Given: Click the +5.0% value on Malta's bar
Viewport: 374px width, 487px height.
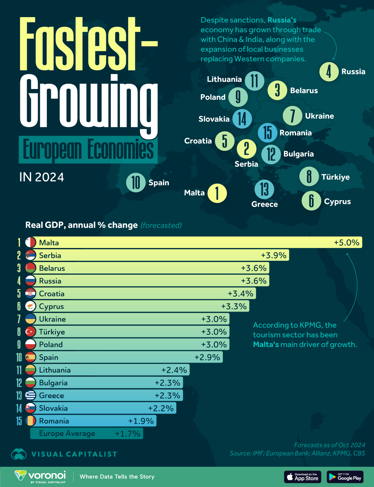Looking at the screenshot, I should pos(347,242).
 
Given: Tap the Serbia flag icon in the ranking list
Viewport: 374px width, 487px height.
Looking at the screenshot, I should pos(31,255).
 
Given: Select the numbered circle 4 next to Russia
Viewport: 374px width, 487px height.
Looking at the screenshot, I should pos(329,72).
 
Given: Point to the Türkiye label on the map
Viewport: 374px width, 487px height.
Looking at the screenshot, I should pos(335,177).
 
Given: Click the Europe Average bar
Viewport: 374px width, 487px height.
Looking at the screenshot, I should pos(87,433).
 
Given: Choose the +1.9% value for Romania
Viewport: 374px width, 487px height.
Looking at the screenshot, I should pos(141,421).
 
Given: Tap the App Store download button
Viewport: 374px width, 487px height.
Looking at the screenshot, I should pos(302,477).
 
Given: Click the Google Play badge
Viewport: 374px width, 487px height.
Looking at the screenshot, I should pos(345,477).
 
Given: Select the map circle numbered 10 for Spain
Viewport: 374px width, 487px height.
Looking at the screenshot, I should pos(136,182).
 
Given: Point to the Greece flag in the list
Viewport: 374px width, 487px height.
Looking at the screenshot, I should pos(31,395).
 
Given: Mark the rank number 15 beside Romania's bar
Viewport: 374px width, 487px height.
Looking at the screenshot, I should pos(19,421).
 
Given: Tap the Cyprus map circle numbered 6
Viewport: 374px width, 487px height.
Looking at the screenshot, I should pos(311,201).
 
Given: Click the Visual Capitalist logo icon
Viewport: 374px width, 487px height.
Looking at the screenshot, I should pos(19,454).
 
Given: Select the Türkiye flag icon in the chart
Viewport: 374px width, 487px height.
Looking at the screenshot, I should pos(31,332).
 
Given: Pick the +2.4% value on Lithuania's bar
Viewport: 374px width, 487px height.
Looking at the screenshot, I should pos(174,370).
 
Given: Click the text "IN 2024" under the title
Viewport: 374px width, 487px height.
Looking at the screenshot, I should pos(41,177).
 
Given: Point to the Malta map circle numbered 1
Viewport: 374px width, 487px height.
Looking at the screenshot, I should pos(217,193).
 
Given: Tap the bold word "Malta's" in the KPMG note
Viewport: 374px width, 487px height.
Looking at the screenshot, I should pos(266,344).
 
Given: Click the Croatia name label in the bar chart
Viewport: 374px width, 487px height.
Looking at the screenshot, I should pos(52,293).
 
